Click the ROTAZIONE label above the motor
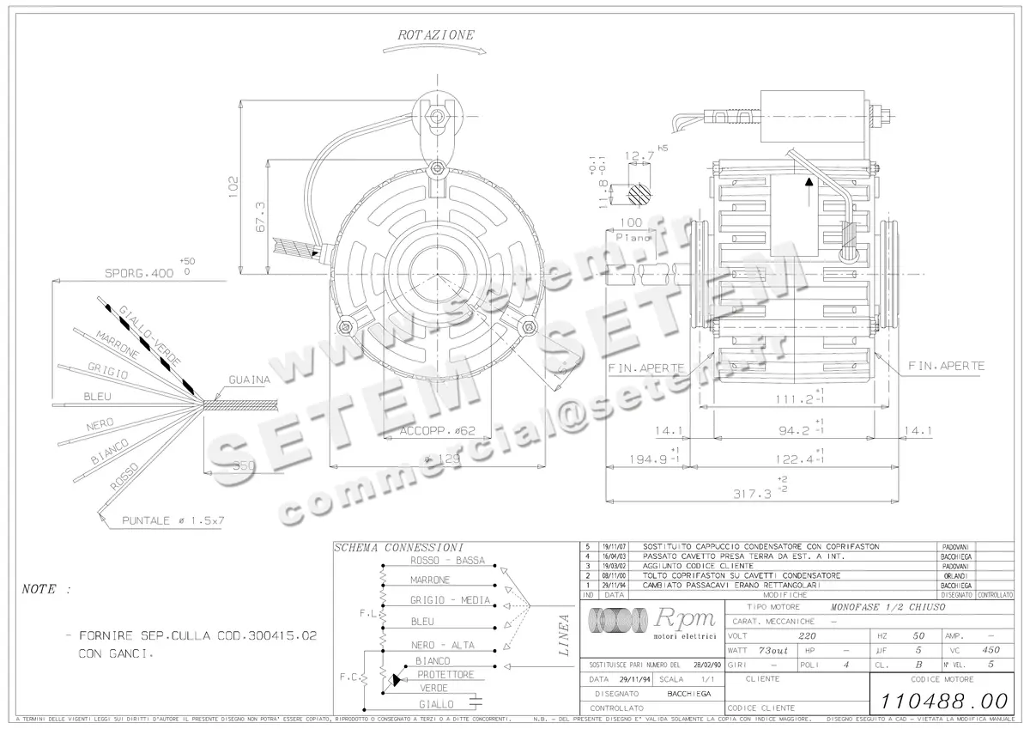point(434,36)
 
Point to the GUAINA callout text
point(250,380)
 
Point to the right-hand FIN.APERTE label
point(947,366)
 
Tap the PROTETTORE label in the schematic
point(445,675)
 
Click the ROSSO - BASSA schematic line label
point(447,561)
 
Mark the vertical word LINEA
point(564,635)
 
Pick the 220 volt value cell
point(806,636)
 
